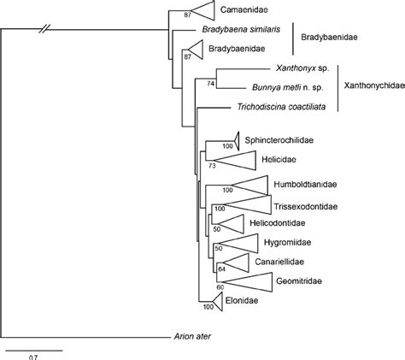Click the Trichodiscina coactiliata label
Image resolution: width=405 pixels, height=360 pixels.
click(x=275, y=107)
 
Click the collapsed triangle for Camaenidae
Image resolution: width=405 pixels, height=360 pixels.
click(x=202, y=10)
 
